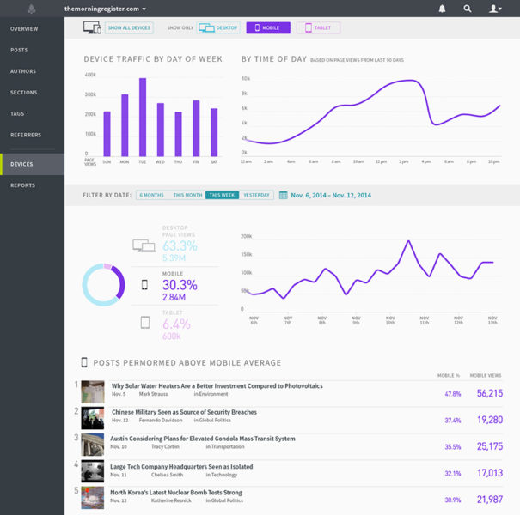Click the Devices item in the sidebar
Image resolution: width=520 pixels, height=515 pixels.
click(22, 164)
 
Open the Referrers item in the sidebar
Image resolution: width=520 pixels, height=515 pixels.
click(26, 135)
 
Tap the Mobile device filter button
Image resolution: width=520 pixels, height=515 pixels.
click(267, 27)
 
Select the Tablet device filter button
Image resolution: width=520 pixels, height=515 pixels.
click(318, 27)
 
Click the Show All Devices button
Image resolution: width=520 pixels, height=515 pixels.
click(130, 27)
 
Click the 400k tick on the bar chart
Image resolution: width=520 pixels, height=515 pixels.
click(90, 75)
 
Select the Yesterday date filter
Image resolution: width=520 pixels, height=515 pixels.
click(256, 196)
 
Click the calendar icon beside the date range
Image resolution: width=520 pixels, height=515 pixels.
click(283, 196)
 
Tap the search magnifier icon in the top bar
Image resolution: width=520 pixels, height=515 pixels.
click(467, 9)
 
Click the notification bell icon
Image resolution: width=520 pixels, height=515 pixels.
click(442, 9)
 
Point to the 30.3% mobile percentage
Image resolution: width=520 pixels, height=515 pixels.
click(180, 285)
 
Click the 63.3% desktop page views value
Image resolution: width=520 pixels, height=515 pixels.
click(180, 246)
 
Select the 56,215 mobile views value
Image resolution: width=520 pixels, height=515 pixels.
click(489, 393)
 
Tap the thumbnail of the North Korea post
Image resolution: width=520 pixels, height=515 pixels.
click(93, 496)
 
